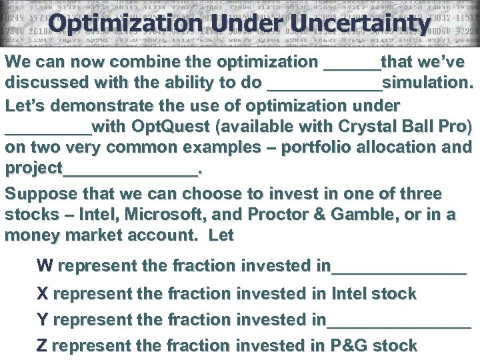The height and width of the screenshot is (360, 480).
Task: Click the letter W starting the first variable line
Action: [45, 266]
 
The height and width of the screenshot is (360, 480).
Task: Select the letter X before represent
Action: [43, 294]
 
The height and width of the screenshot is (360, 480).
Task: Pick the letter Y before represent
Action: [43, 320]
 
